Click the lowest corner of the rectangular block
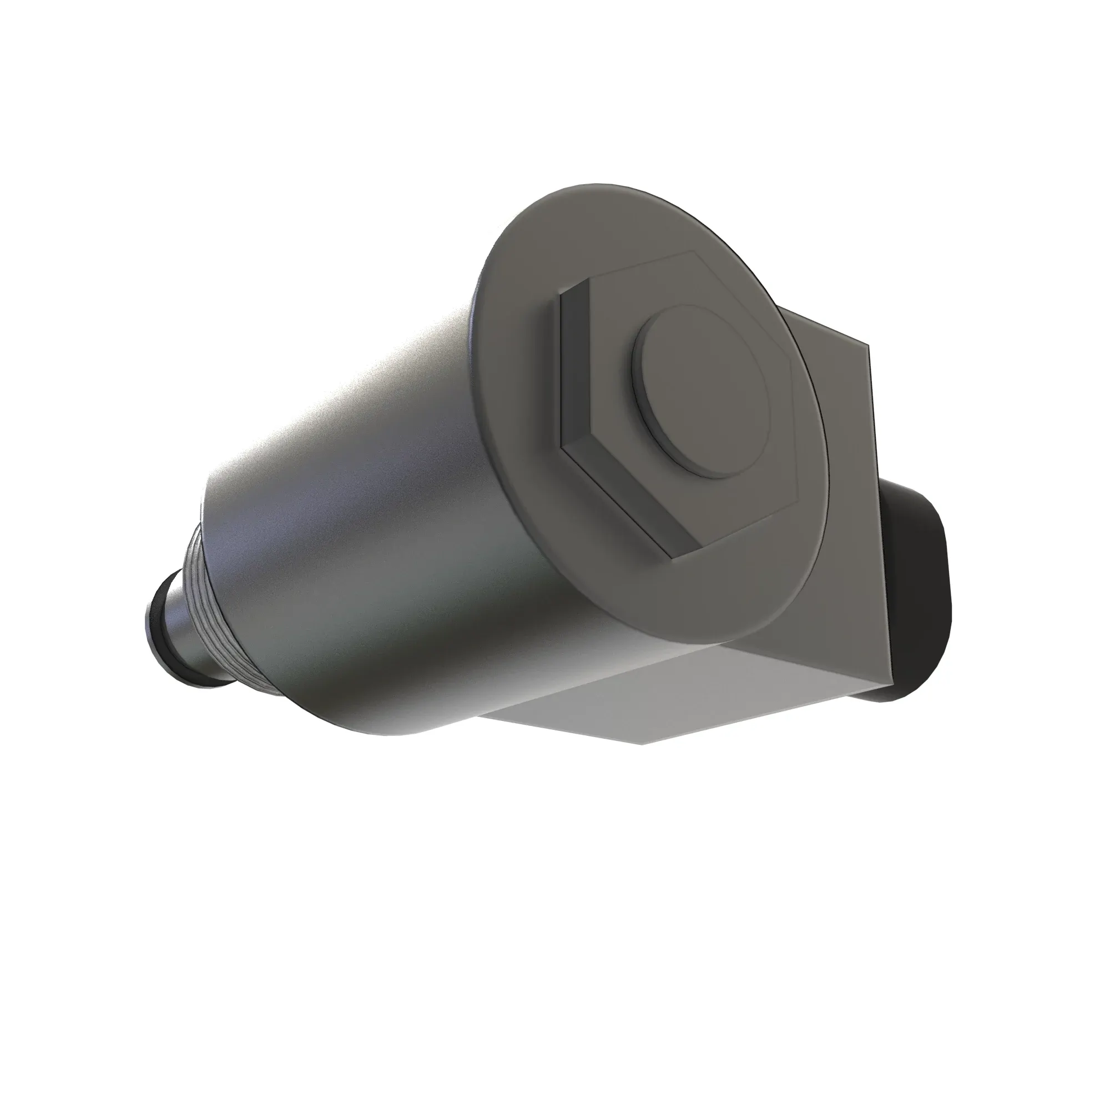click(x=644, y=744)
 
